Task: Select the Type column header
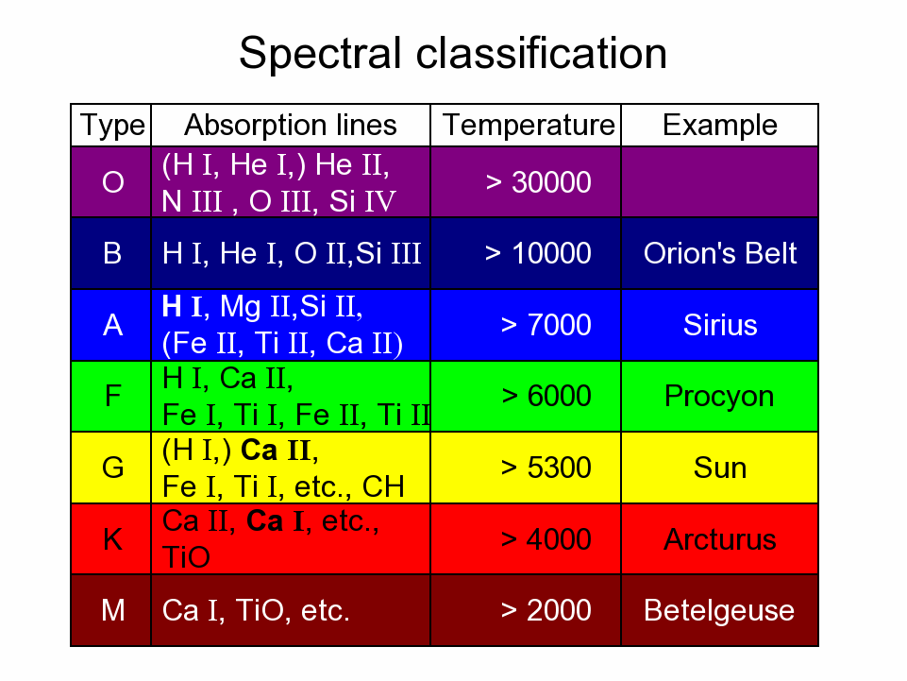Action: pos(112,126)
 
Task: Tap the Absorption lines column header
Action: pos(291,125)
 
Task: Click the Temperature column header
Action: pos(529,125)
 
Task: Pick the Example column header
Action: pos(719,125)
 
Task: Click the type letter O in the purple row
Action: pos(113,182)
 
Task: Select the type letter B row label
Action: pos(112,253)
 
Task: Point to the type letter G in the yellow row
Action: pos(113,468)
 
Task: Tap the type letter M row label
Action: pos(113,610)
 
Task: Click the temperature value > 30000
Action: pos(539,182)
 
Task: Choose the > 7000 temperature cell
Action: pos(546,325)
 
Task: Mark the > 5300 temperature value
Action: pos(546,468)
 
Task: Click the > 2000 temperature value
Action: pos(546,610)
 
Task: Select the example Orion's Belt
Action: pos(720,253)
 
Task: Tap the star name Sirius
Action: pos(720,325)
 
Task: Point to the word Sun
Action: pos(720,468)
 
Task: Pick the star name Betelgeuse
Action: pos(719,611)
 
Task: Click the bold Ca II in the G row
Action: pos(276,451)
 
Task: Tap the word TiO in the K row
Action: pos(186,557)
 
